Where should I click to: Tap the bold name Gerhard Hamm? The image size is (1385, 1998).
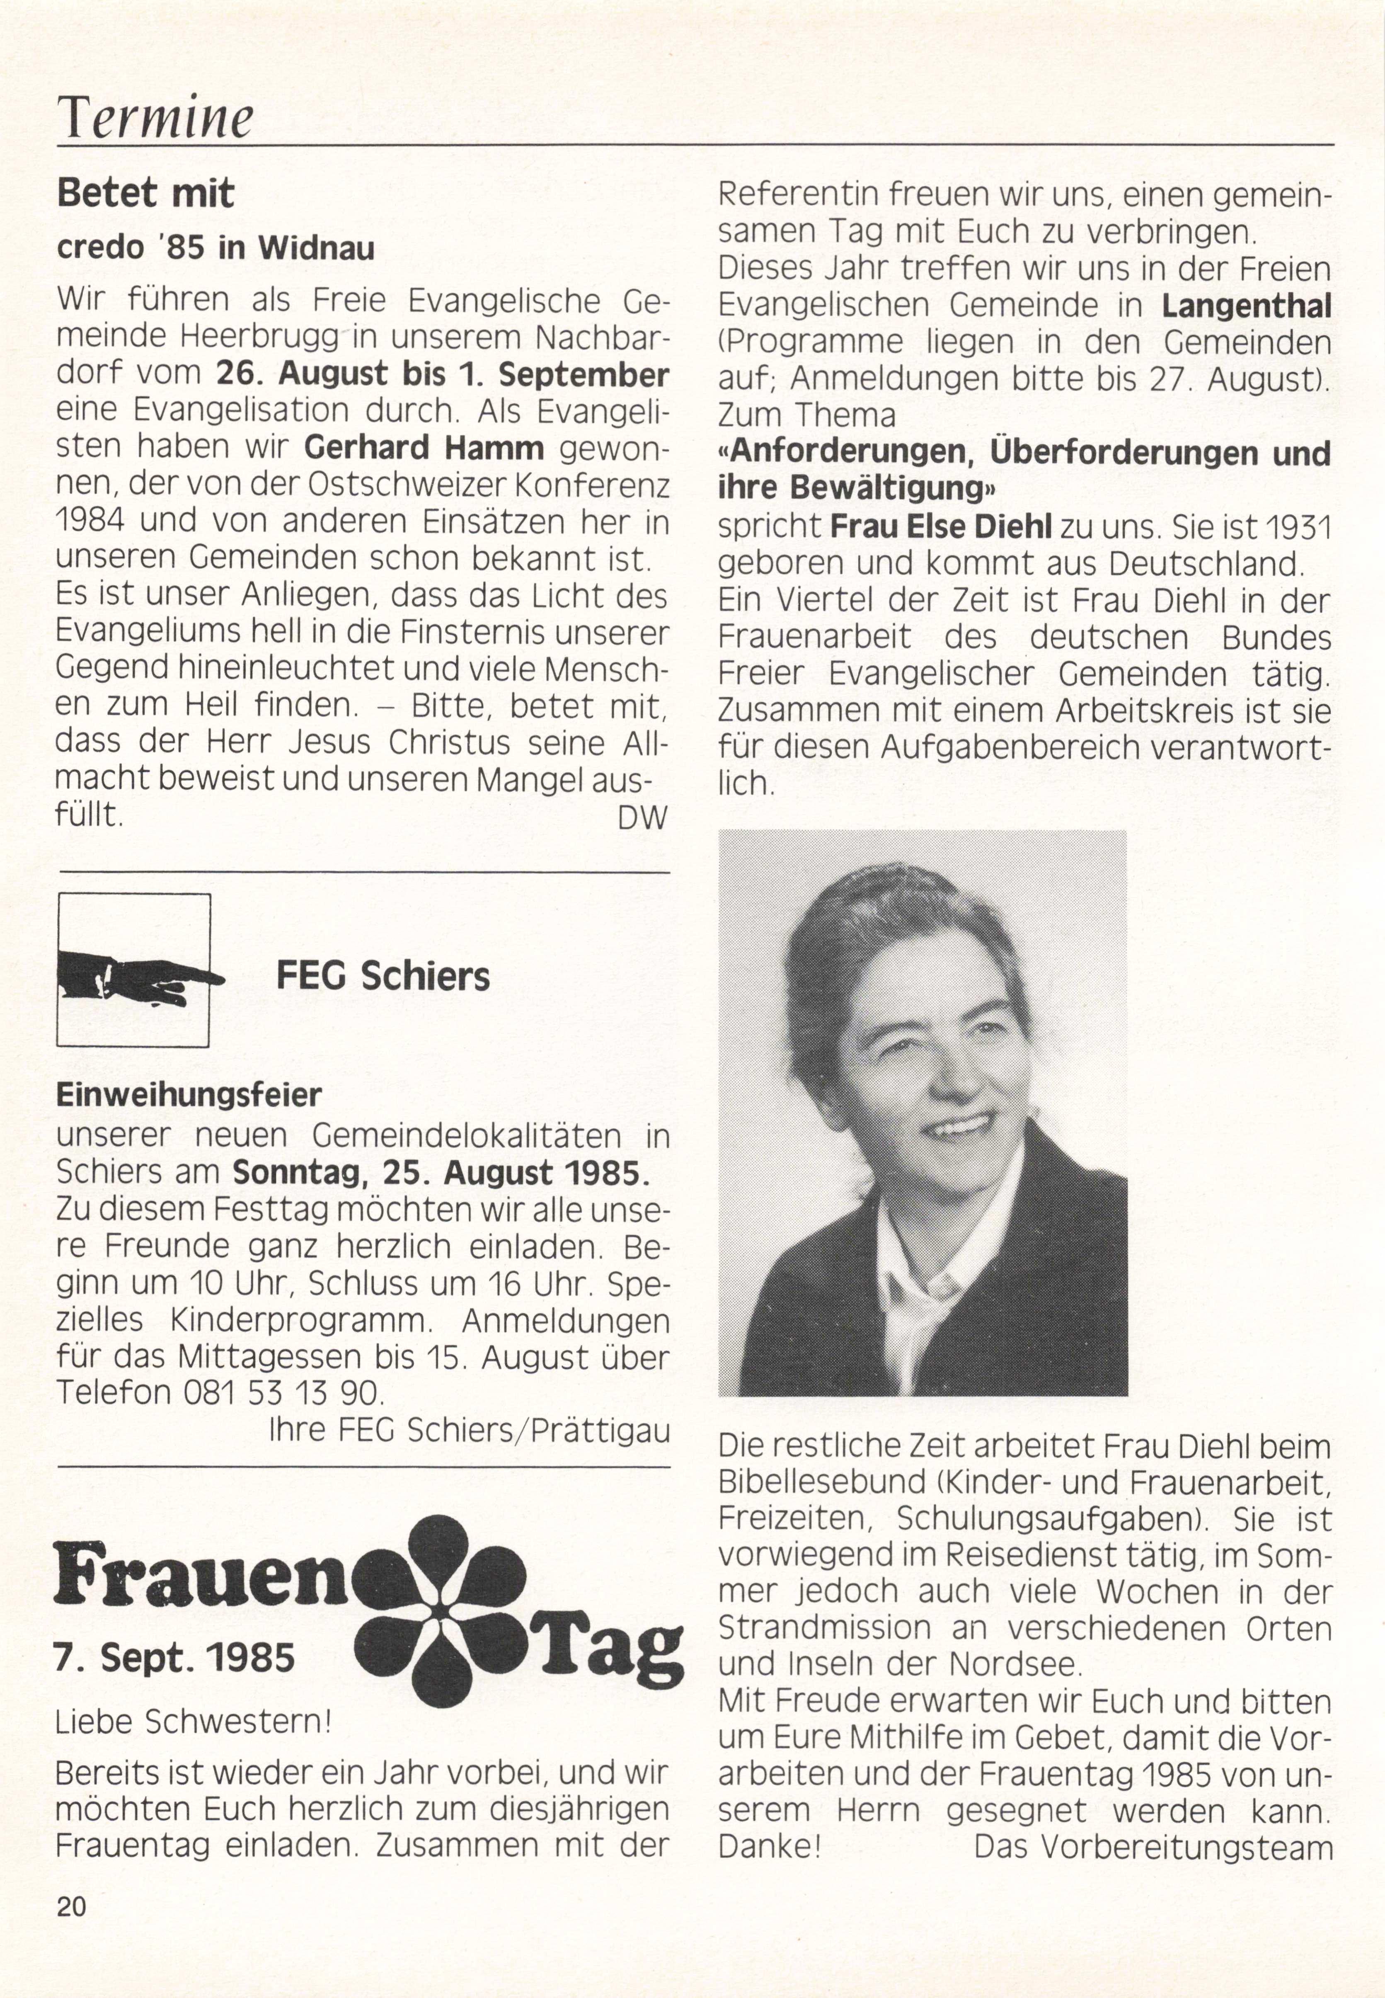pyautogui.click(x=424, y=448)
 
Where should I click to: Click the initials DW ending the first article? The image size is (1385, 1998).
pyautogui.click(x=642, y=817)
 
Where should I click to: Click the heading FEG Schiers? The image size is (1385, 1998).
pyautogui.click(x=383, y=977)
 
